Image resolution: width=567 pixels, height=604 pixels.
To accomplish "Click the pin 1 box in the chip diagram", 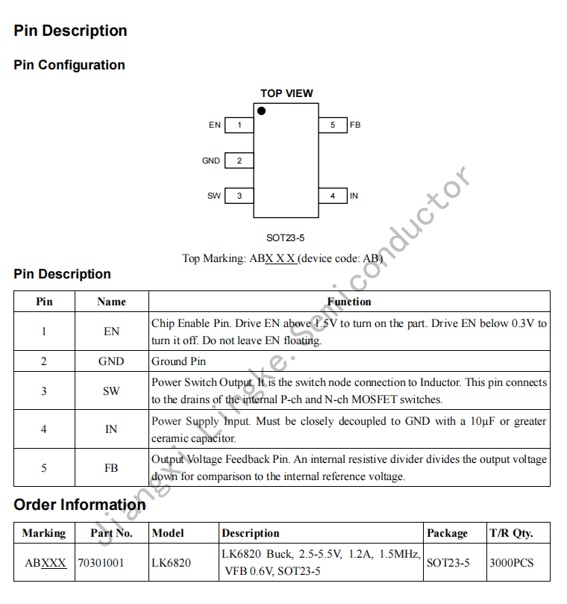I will coord(239,125).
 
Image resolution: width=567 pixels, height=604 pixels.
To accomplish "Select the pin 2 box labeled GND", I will coord(239,161).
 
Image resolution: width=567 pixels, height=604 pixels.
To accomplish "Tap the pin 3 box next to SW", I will coord(239,196).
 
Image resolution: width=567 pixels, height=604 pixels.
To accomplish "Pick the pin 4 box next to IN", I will coord(333,196).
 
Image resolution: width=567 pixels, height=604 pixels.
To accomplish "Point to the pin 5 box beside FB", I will coord(333,125).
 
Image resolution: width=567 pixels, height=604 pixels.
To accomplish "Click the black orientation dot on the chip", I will coord(261,111).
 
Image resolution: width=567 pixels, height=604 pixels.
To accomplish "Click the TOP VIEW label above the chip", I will coord(286,93).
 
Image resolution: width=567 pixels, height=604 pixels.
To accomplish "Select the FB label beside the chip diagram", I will coord(355,125).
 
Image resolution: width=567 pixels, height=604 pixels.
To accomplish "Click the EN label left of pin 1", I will coord(215,125).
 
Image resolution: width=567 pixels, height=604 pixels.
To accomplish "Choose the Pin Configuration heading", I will coord(69,65).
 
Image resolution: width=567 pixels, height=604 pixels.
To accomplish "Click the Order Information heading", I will coord(80,505).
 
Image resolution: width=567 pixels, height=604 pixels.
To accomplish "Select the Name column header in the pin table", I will coord(111,302).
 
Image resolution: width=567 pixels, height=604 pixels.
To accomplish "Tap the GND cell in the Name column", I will coord(111,361).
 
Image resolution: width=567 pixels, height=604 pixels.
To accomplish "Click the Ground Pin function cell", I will coord(179,361).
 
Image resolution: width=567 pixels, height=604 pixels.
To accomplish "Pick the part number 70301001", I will coord(101,563).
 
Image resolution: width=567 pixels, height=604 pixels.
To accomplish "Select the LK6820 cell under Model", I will coord(171,563).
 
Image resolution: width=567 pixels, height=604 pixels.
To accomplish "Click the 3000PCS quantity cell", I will coord(512,563).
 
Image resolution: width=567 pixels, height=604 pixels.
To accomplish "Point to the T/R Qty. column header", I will coord(511,533).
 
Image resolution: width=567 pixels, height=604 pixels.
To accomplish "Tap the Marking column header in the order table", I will coord(43,533).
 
